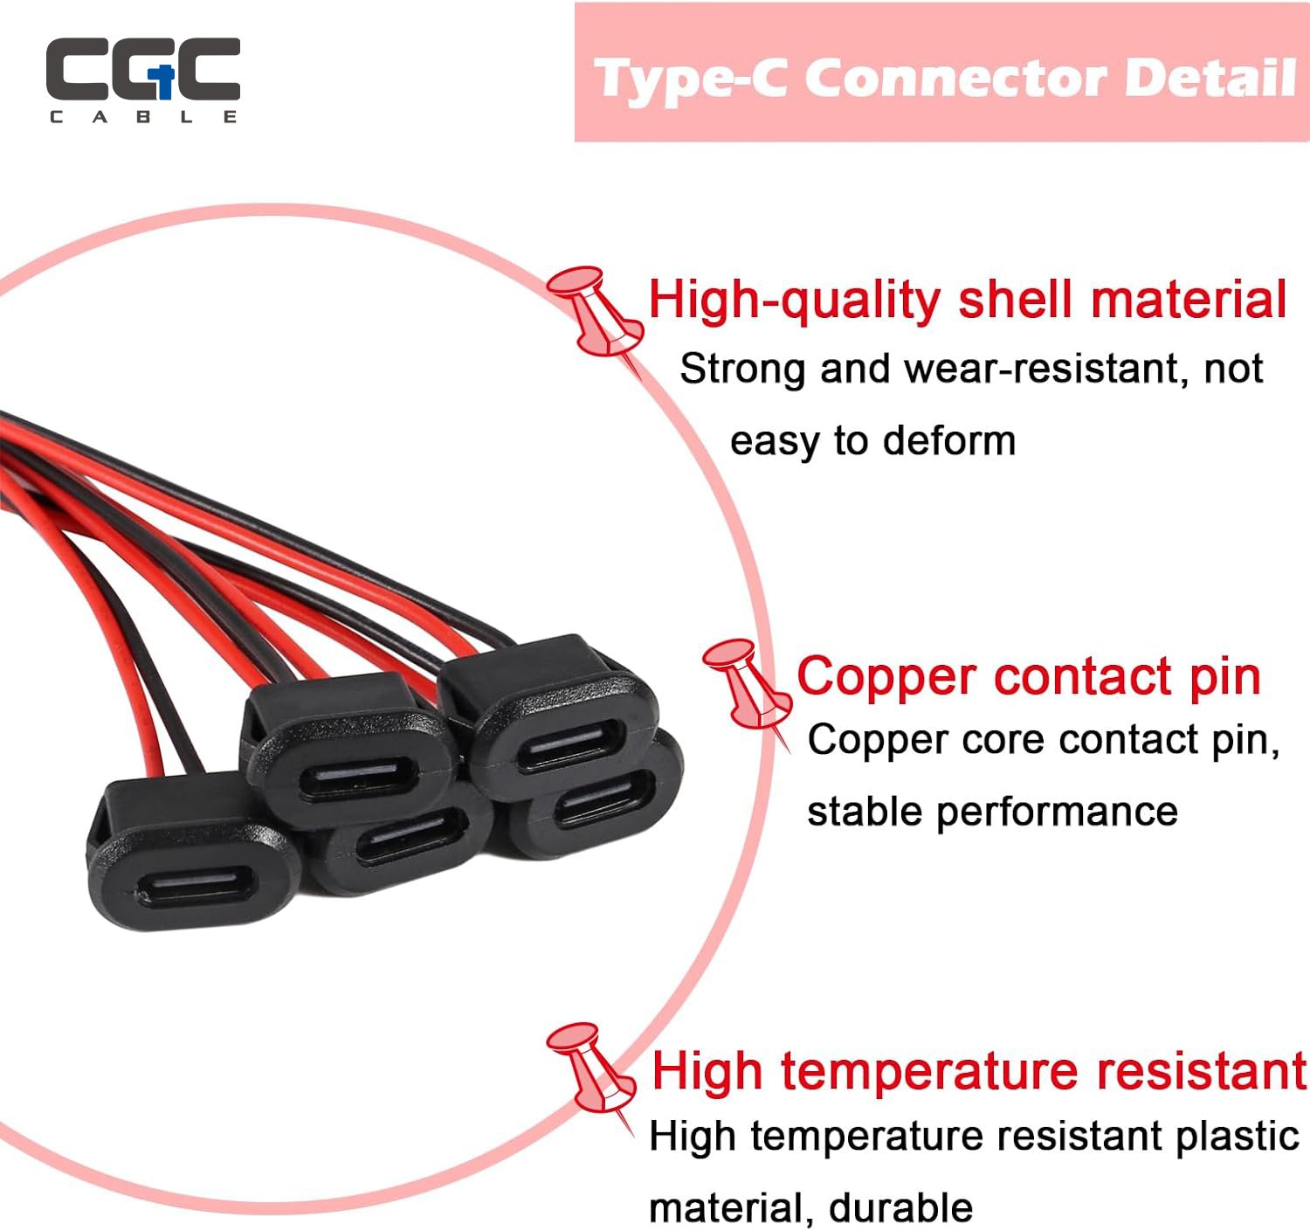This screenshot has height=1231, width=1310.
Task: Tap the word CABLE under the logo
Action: click(143, 117)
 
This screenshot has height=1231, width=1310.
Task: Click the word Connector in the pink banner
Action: click(955, 78)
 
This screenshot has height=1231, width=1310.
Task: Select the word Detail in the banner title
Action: click(1210, 78)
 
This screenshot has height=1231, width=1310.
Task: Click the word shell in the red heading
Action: click(1015, 301)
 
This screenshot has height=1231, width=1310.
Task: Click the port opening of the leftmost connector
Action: click(196, 887)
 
